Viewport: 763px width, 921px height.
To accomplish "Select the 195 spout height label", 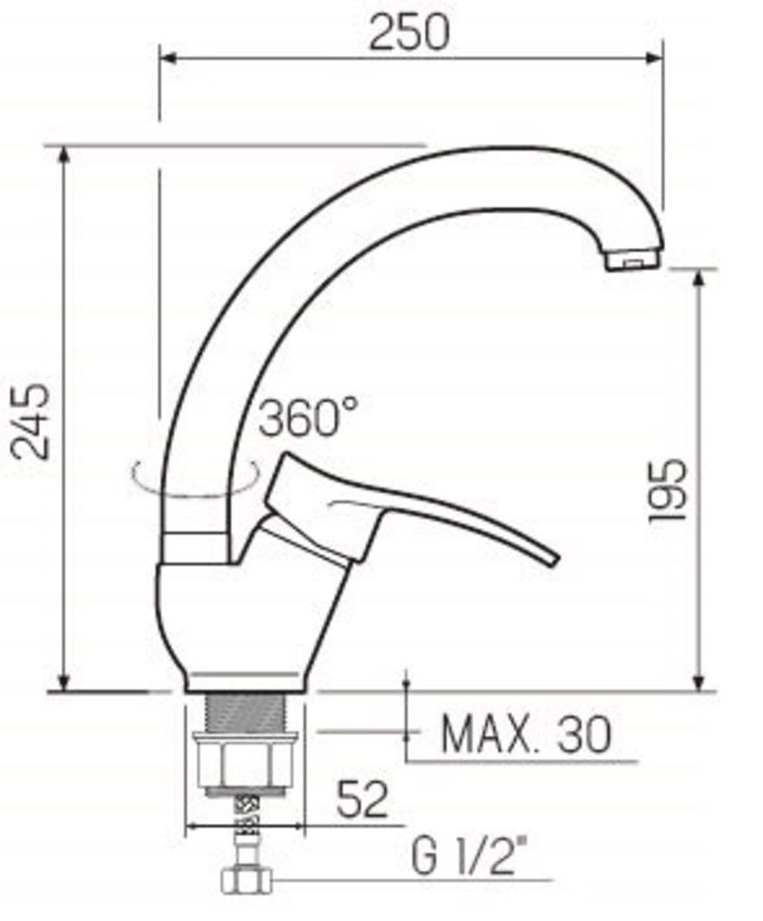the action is point(667,490).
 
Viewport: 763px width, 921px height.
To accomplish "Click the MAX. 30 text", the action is point(526,734).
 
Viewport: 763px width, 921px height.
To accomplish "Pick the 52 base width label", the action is point(362,800).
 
